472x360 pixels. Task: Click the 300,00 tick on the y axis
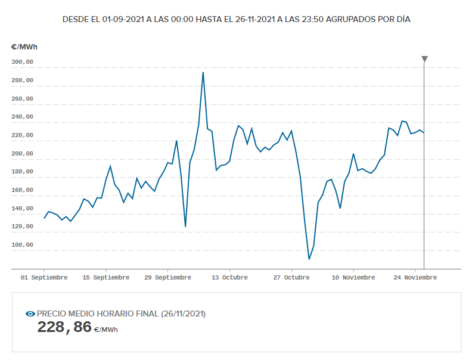(22, 62)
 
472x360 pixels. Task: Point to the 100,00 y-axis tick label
(22, 245)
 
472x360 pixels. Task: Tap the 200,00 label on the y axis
(22, 154)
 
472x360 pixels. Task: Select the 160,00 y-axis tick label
(22, 190)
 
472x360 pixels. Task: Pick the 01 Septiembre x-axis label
(44, 277)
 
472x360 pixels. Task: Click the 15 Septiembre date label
(106, 277)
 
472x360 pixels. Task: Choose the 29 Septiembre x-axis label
(168, 277)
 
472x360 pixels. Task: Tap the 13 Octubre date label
(229, 277)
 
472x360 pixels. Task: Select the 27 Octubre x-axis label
(291, 277)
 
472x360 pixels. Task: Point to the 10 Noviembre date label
(353, 277)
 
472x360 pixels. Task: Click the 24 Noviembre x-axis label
(415, 277)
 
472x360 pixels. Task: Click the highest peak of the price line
(203, 73)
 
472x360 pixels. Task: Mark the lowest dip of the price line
(309, 259)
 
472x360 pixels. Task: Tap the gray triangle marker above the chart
(424, 59)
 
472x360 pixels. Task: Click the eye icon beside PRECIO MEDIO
(30, 314)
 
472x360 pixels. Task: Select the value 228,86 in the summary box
(65, 327)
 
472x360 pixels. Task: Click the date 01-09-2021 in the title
(125, 19)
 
